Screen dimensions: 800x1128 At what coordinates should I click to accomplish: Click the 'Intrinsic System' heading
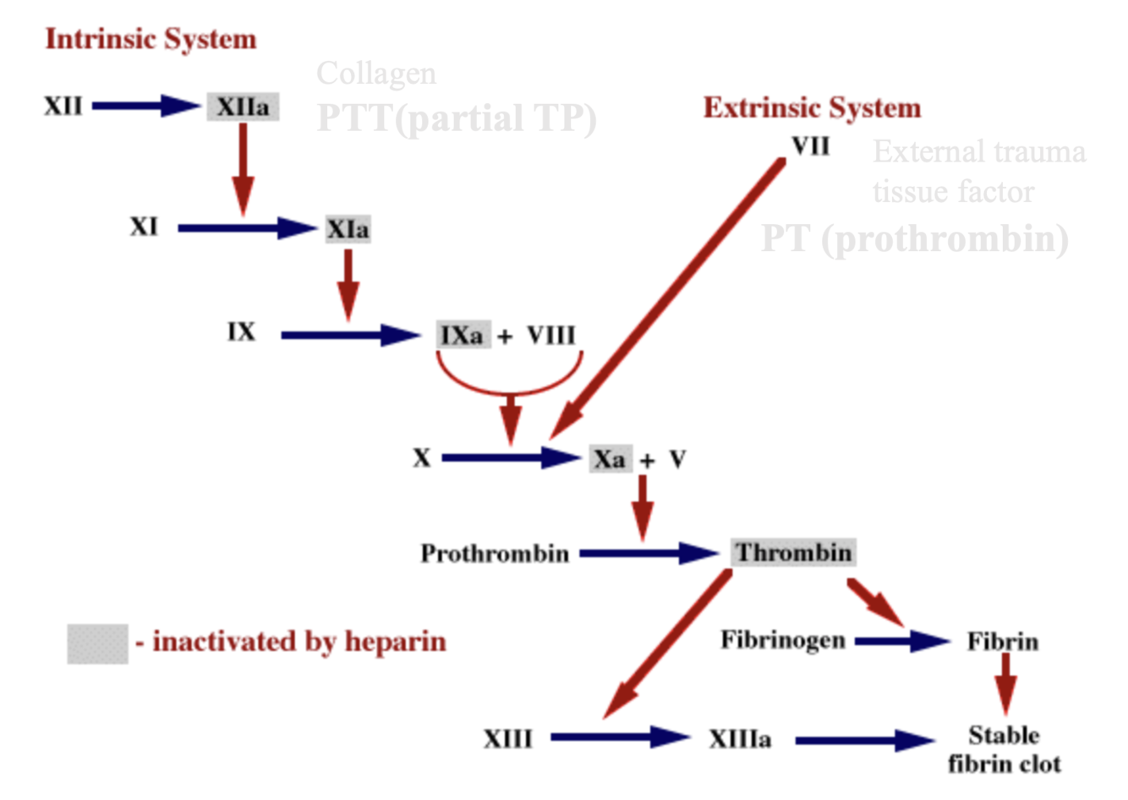[x=151, y=39]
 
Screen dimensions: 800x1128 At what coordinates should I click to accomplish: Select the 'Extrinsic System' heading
[x=812, y=108]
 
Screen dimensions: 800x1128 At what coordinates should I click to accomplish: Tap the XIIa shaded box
[x=243, y=107]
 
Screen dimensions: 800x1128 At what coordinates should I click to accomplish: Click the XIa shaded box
[x=348, y=229]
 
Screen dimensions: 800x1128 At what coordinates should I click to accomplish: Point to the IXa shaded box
[x=463, y=335]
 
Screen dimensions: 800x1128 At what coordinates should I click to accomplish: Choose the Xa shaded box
[x=610, y=459]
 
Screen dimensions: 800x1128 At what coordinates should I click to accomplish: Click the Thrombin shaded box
[x=793, y=553]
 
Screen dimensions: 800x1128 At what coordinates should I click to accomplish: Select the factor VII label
[x=811, y=146]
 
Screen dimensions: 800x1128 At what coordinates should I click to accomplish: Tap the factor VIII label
[x=551, y=335]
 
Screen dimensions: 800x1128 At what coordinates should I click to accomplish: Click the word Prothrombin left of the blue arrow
[x=495, y=554]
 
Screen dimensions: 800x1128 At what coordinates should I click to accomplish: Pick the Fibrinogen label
[x=783, y=640]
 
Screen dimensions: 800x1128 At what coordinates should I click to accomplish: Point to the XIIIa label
[x=740, y=739]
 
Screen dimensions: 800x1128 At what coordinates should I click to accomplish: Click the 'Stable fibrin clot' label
[x=1004, y=749]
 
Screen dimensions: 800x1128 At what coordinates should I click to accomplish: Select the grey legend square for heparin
[x=97, y=644]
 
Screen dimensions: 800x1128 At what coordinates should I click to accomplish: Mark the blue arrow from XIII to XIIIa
[x=620, y=737]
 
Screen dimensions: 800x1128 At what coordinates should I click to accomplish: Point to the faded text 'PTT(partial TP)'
[x=457, y=118]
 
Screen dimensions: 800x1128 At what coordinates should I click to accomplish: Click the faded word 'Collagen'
[x=376, y=74]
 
